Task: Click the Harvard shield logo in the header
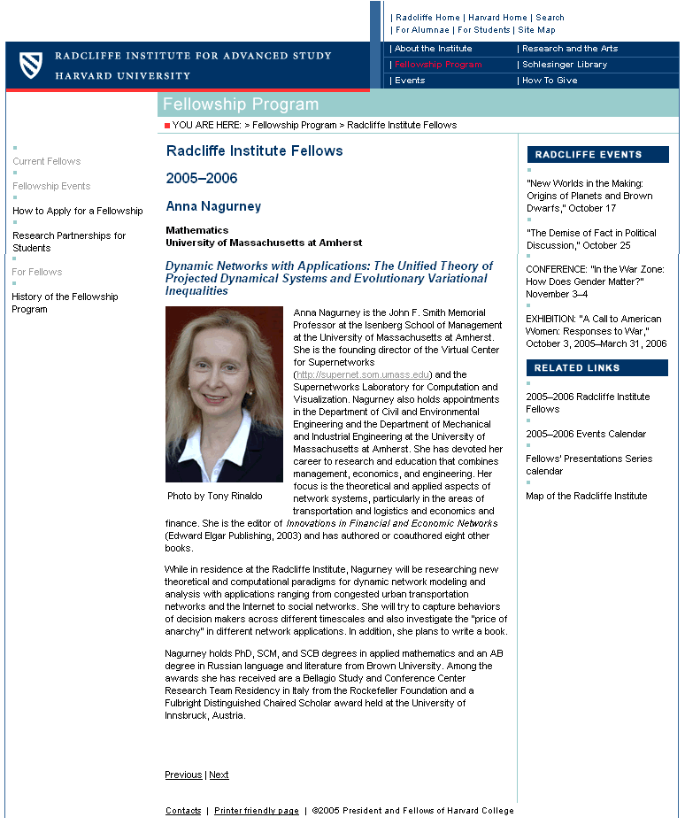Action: (31, 64)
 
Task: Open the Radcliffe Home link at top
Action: (427, 18)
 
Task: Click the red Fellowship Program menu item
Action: (438, 65)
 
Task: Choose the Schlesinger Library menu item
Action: (565, 65)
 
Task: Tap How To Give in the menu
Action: (550, 81)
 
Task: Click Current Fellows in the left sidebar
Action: (47, 161)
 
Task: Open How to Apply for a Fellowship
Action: (78, 211)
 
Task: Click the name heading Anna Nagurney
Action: (213, 206)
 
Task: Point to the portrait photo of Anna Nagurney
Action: (224, 394)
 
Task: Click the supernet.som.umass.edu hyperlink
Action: (363, 374)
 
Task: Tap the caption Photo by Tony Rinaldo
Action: (215, 496)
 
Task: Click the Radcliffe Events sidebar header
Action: (597, 155)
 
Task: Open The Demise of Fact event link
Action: (591, 239)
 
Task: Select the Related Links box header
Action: (597, 367)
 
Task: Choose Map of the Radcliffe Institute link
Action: (587, 496)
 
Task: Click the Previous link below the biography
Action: (183, 775)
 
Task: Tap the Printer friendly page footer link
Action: (257, 811)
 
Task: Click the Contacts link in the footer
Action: (183, 811)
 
